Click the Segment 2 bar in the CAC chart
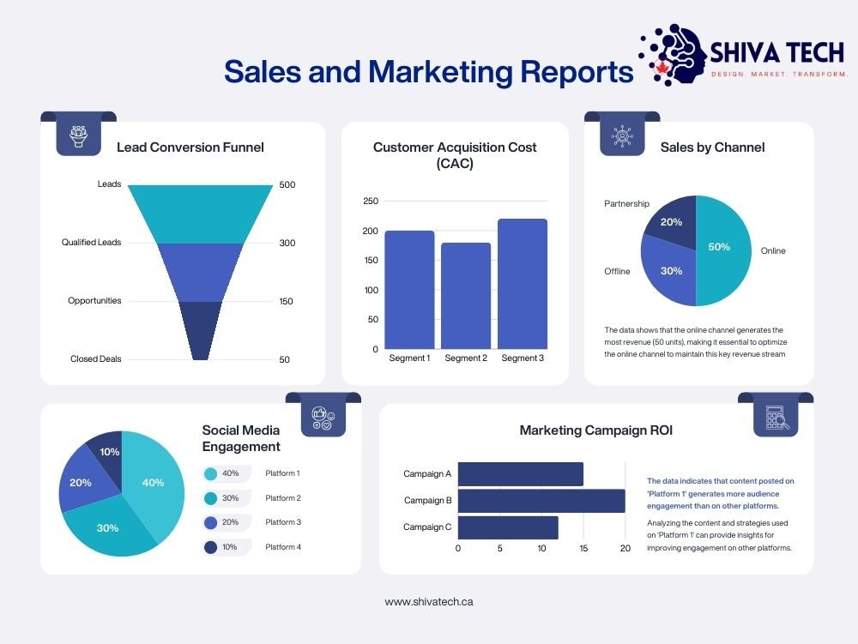click(x=466, y=296)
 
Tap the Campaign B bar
click(x=541, y=501)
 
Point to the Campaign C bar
click(x=508, y=527)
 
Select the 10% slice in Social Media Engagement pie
click(x=106, y=448)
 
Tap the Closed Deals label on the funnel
click(x=95, y=359)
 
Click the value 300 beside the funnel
click(x=287, y=243)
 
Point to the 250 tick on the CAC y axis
click(x=370, y=201)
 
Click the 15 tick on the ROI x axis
click(x=583, y=548)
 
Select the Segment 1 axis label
click(x=409, y=358)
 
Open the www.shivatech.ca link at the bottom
click(x=428, y=602)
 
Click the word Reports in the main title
click(x=577, y=72)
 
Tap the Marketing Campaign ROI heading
click(x=595, y=430)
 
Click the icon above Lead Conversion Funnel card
click(x=79, y=135)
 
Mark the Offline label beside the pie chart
click(x=616, y=271)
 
